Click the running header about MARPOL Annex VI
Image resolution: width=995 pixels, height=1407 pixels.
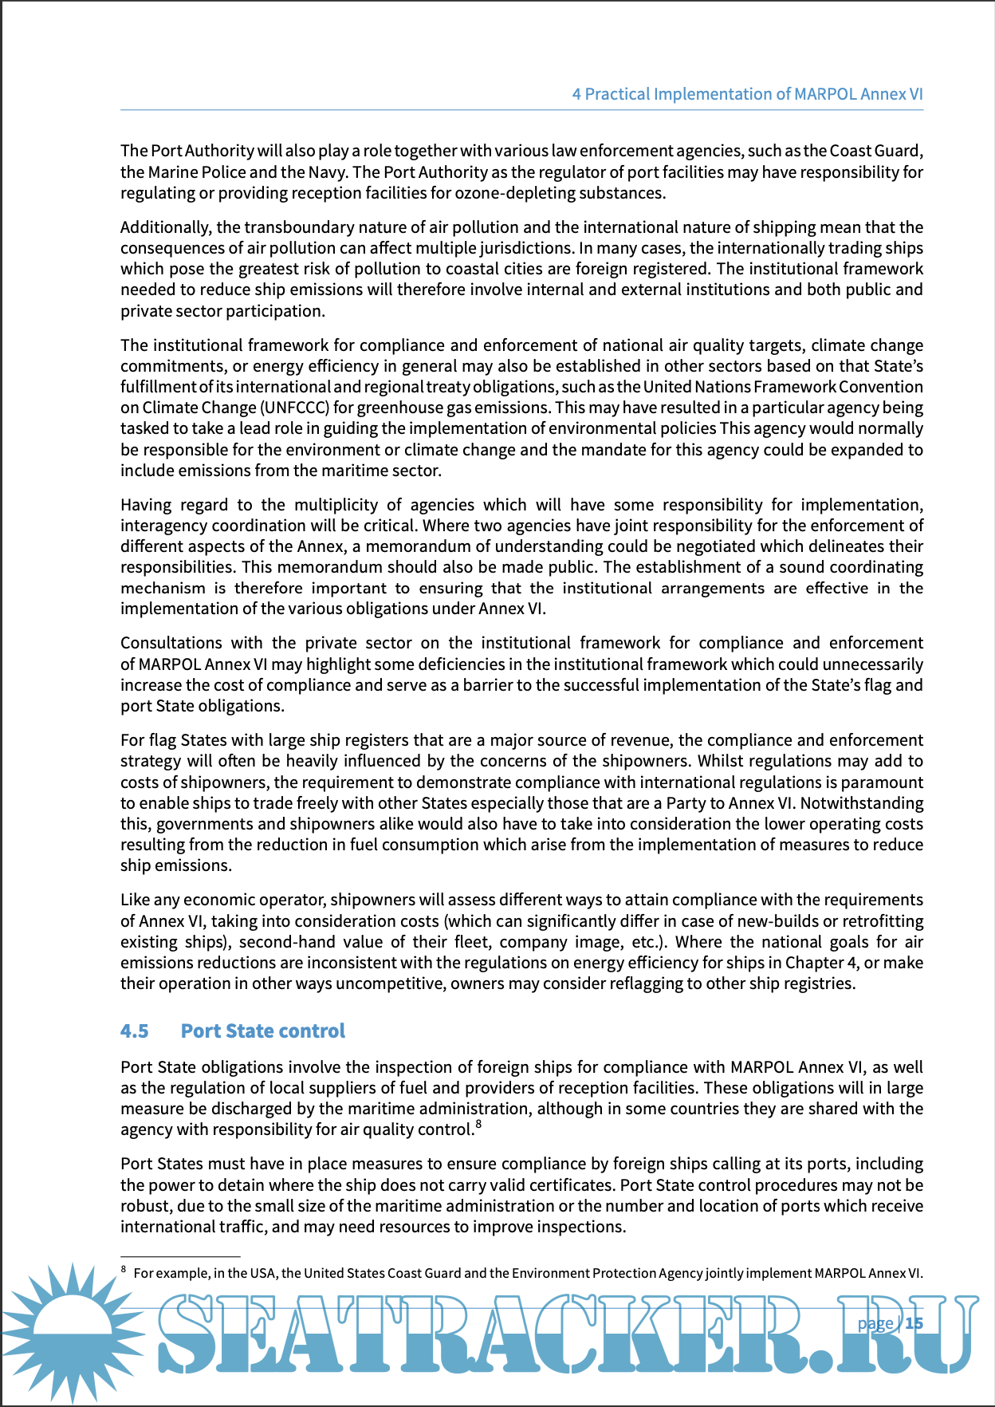(x=747, y=94)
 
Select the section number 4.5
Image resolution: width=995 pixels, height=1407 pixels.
(x=135, y=1031)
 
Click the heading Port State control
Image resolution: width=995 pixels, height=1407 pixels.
(x=262, y=1031)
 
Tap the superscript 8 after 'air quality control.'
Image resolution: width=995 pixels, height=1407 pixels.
(x=478, y=1125)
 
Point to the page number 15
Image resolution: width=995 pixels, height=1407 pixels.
(x=914, y=1323)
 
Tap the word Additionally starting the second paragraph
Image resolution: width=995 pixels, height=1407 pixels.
(x=166, y=227)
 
